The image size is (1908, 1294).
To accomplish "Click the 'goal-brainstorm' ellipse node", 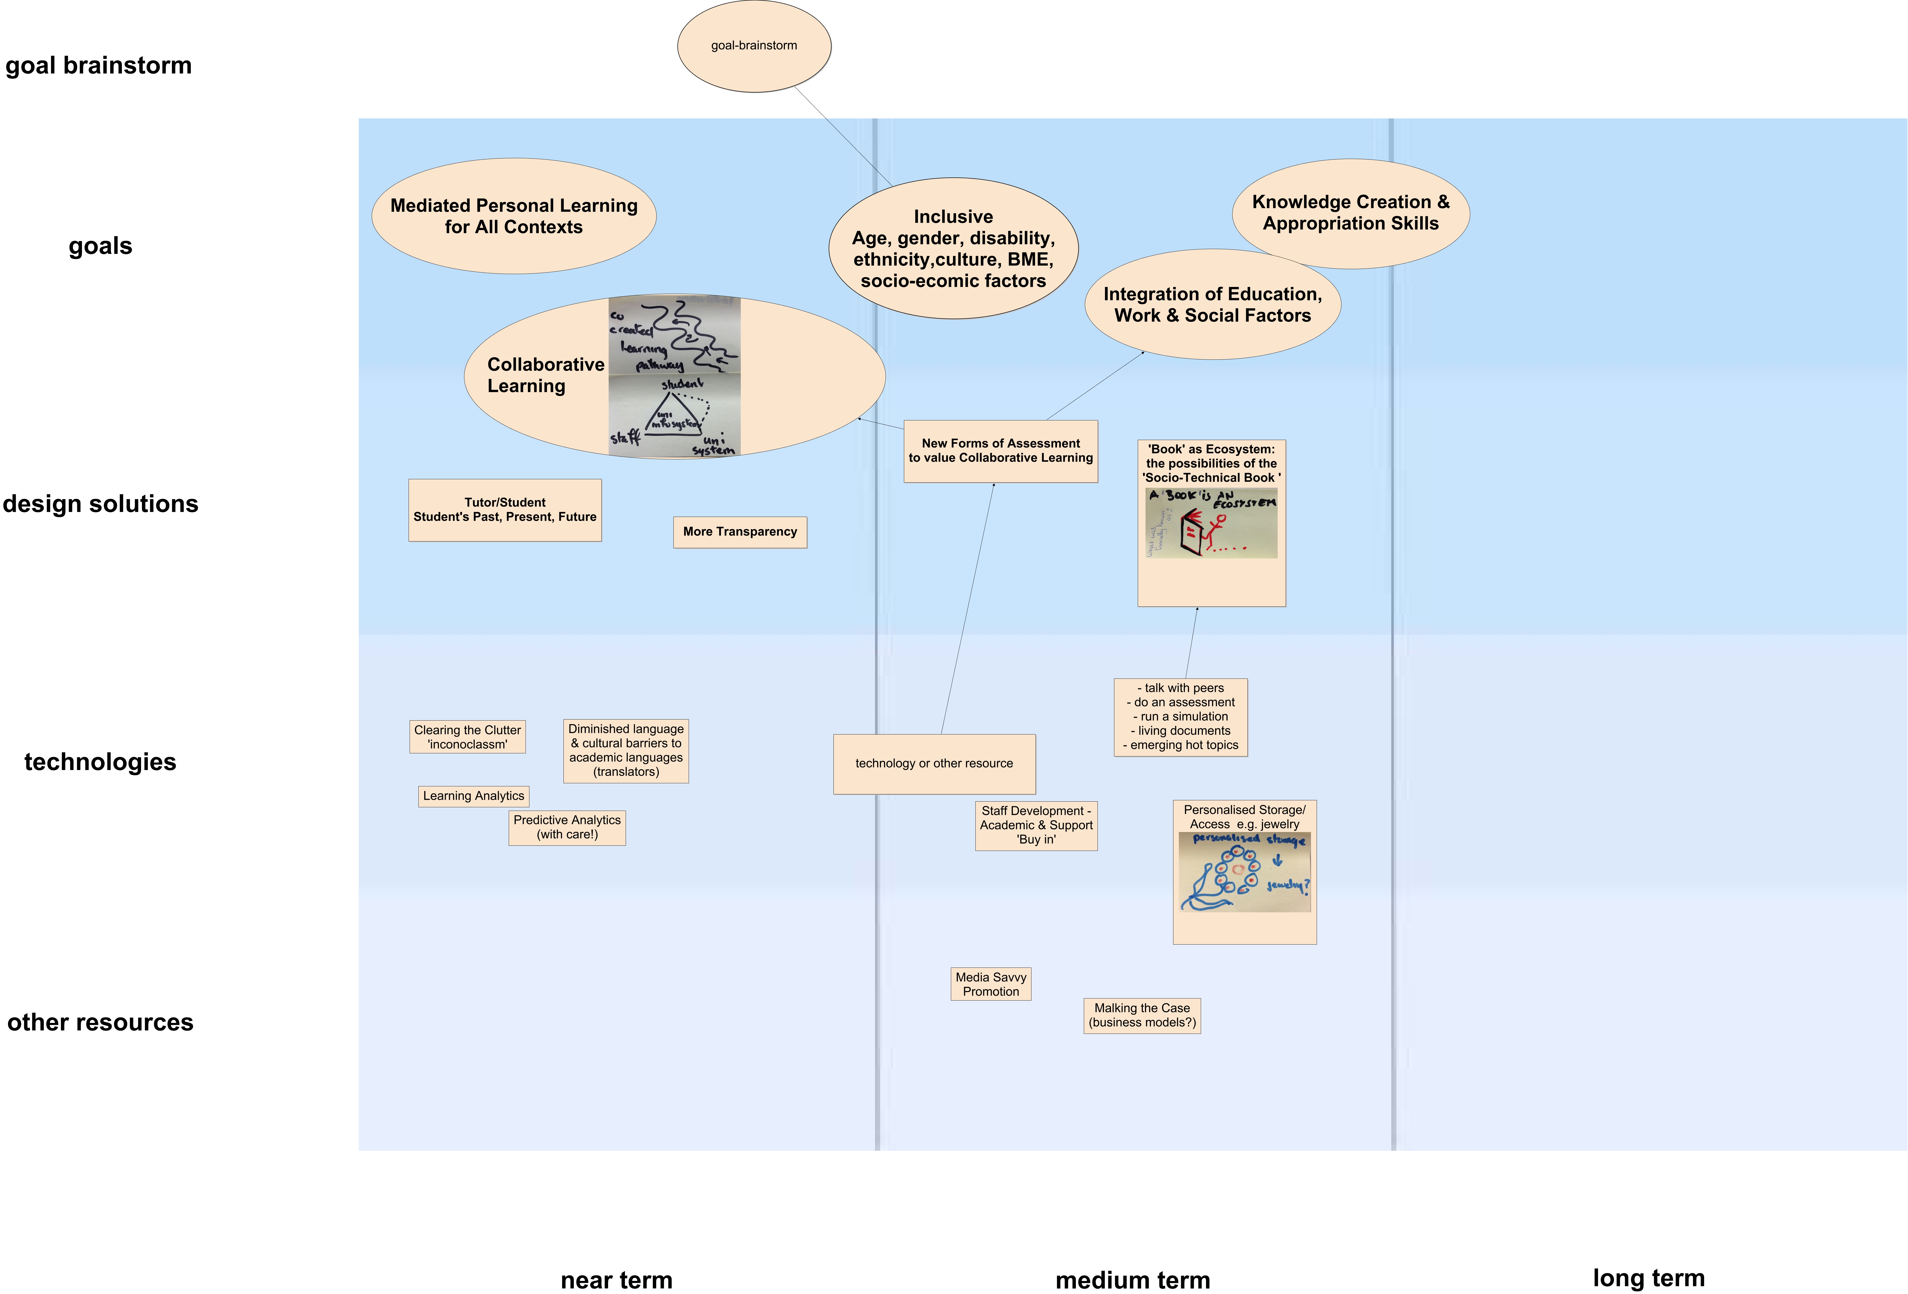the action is [754, 46].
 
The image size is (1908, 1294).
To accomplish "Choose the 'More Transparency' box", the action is [740, 532].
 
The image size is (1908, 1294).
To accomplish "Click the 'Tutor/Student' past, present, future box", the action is [505, 510].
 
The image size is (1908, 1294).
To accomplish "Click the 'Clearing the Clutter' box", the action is [467, 737].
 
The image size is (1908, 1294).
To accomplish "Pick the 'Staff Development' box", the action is [1036, 825].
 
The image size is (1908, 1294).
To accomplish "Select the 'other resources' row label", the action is [100, 1022].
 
